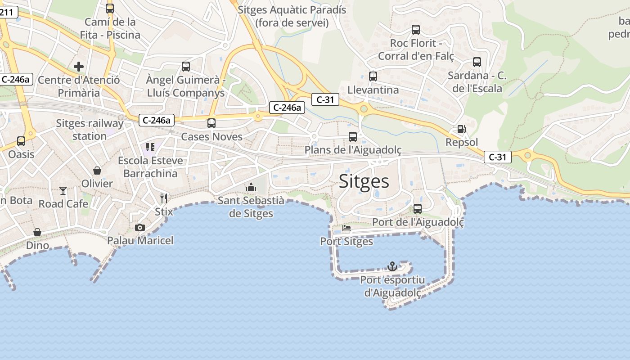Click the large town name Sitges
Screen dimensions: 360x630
click(x=364, y=181)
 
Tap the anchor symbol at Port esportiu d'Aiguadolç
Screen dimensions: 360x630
click(x=393, y=266)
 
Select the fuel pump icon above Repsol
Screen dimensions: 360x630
click(x=461, y=129)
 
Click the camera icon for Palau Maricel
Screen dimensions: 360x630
click(x=140, y=227)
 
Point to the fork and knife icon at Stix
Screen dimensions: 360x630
click(x=164, y=198)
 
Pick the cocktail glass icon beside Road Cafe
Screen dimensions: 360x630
click(x=63, y=191)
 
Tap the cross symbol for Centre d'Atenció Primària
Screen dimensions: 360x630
click(x=79, y=67)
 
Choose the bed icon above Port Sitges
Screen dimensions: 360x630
click(x=346, y=228)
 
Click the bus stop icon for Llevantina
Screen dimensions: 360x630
click(x=373, y=76)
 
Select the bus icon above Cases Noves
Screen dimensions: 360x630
click(x=211, y=123)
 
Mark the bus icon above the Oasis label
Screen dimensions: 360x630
click(x=21, y=141)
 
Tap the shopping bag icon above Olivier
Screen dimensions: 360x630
click(x=97, y=170)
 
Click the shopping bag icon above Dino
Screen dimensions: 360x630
click(x=37, y=232)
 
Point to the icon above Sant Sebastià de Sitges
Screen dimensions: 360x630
click(x=251, y=187)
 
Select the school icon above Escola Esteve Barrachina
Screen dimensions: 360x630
click(x=150, y=147)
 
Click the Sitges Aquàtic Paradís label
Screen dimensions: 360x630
click(x=292, y=16)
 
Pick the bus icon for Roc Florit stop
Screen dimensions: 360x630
click(x=416, y=30)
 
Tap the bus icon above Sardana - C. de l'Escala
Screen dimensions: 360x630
click(x=477, y=62)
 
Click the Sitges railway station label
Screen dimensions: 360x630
click(x=90, y=130)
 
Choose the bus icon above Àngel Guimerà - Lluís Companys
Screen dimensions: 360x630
click(x=186, y=67)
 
